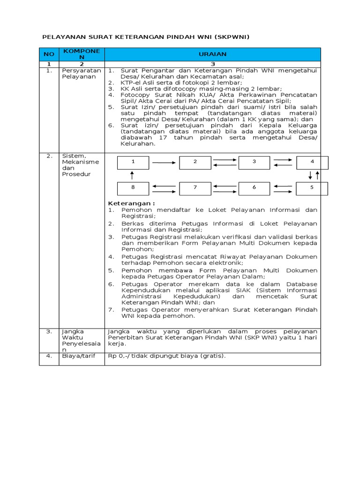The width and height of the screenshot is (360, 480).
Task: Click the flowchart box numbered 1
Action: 133,162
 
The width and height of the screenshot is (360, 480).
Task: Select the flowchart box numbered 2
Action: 195,162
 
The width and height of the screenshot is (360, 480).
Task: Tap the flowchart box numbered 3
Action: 255,162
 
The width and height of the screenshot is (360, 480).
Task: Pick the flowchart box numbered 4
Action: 312,162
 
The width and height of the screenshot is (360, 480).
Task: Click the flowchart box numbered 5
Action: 312,188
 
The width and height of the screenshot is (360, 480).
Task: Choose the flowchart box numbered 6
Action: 255,188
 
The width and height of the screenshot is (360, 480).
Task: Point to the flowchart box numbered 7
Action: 195,188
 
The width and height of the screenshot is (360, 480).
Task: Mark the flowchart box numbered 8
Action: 133,188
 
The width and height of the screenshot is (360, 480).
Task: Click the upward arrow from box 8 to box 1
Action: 133,175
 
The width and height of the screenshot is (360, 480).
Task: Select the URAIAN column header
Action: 212,54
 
